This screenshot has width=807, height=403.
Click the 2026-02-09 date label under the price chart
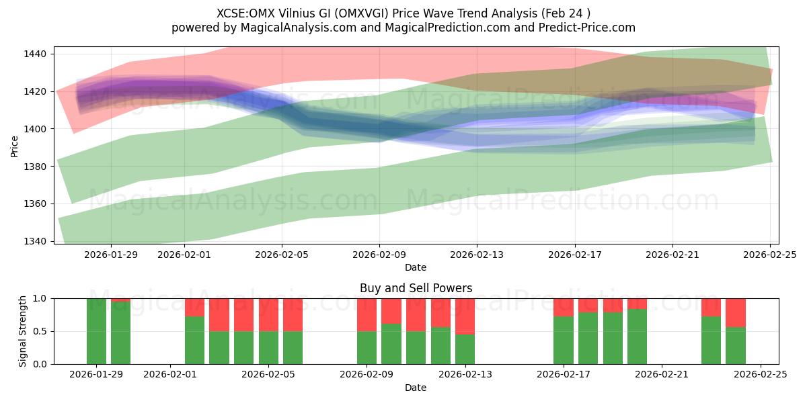coord(379,255)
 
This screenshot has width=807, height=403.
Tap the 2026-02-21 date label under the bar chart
coord(662,375)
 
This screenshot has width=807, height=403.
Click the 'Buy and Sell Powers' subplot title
coord(416,288)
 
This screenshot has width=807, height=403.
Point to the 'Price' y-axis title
coord(15,146)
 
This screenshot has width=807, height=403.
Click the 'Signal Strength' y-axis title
coord(23,331)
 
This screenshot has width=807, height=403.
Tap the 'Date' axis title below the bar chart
coord(416,388)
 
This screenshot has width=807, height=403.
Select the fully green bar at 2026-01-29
coord(96,331)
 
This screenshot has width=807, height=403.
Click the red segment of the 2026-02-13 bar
coord(465,316)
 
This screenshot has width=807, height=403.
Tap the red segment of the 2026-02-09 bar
coord(367,314)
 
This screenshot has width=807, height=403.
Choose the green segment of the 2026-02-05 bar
coord(268,347)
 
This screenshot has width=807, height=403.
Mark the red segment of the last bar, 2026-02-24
coord(736,312)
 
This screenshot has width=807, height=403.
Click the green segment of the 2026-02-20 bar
coord(637,337)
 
